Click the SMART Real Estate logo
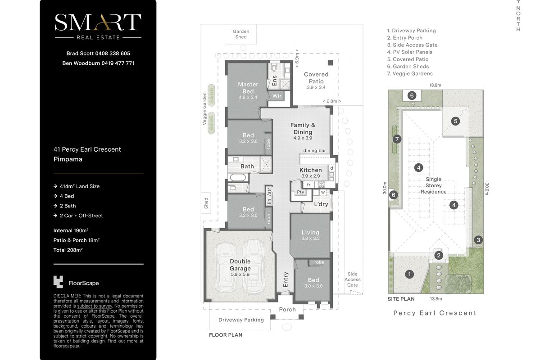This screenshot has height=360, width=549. [98, 27]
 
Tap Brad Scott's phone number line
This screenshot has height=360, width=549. [98, 54]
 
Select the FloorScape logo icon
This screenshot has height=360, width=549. [58, 282]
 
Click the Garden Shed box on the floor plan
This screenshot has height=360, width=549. [240, 34]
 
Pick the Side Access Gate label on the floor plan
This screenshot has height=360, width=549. [353, 279]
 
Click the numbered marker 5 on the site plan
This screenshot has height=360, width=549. [455, 121]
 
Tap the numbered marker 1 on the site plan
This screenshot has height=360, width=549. [409, 274]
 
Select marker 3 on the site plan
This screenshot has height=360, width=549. [478, 240]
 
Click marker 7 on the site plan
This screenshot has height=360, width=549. [397, 139]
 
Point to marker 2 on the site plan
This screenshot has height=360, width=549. [439, 256]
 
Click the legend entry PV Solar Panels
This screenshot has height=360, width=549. [410, 52]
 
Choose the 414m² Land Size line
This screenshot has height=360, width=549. [77, 186]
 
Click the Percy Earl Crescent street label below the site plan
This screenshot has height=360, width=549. [435, 313]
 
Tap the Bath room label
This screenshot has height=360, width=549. [247, 166]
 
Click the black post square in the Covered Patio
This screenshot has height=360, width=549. [331, 63]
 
